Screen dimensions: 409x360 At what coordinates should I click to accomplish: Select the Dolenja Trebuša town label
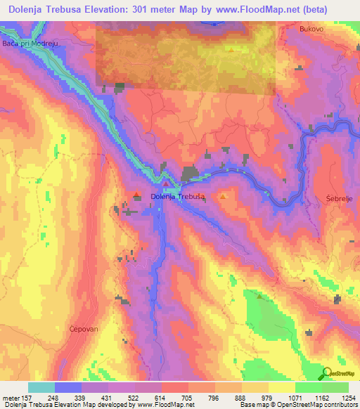tap(179, 197)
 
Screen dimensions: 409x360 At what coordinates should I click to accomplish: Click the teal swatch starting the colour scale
tap(41, 387)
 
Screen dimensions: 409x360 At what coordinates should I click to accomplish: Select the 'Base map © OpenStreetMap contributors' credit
tap(298, 405)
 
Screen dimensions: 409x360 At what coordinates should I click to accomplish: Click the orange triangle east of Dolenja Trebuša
tap(223, 197)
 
